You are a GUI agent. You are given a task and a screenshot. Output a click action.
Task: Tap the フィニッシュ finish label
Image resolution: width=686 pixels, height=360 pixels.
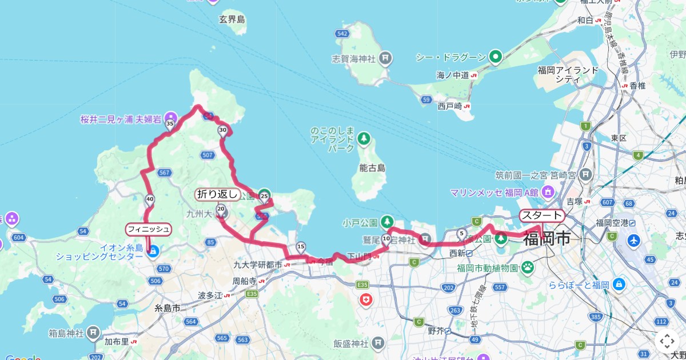click(149, 230)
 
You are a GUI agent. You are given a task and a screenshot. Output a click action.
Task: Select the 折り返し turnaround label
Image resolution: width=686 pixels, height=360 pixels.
click(217, 194)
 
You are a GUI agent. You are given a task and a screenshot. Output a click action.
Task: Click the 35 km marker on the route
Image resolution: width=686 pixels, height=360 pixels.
click(169, 123)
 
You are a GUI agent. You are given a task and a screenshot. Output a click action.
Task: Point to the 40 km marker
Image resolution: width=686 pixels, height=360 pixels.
click(150, 199)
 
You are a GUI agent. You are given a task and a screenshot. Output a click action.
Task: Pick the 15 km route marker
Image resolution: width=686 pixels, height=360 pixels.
click(301, 246)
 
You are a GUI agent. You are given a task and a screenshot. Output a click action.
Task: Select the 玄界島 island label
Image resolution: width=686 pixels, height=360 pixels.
click(232, 20)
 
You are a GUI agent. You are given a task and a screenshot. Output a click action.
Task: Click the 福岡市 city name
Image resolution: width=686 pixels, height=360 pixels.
click(547, 238)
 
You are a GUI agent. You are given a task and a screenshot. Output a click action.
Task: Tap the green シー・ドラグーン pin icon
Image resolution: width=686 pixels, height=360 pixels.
click(495, 57)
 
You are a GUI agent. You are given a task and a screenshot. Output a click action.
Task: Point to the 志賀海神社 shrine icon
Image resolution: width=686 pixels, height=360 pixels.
click(386, 58)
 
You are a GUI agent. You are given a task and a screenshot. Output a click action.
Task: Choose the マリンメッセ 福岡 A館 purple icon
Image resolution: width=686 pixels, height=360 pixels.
click(548, 191)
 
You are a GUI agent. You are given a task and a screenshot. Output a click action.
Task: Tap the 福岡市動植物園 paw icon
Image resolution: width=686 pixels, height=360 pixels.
click(527, 266)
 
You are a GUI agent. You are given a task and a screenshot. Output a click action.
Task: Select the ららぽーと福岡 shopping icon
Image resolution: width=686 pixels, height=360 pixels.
click(618, 284)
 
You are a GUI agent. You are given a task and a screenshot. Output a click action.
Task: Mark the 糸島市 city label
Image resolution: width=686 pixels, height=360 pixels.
click(167, 308)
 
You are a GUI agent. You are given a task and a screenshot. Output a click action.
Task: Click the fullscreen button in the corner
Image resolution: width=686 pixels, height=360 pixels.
click(667, 341)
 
